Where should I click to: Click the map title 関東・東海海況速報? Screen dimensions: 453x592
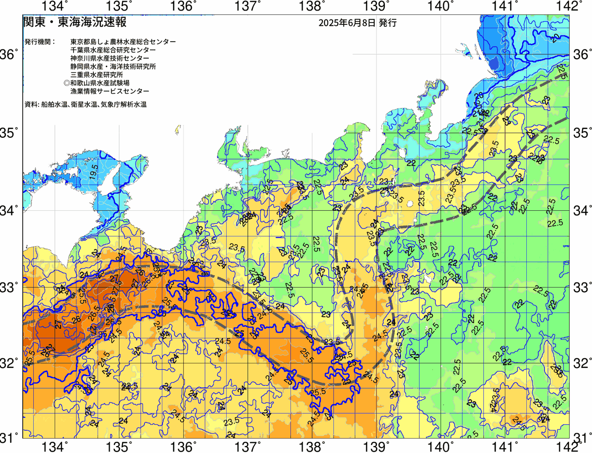pyautogui.click(x=74, y=22)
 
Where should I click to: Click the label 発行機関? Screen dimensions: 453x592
pyautogui.click(x=40, y=42)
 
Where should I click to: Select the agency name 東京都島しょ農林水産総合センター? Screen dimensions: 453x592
pyautogui.click(x=123, y=42)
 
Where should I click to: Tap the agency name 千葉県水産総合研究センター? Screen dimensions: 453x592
pyautogui.click(x=113, y=50)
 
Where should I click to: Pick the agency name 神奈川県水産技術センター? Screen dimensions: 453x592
pyautogui.click(x=110, y=58)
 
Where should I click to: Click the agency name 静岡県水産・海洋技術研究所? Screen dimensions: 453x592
pyautogui.click(x=113, y=67)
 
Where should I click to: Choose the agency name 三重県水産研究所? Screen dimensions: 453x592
pyautogui.click(x=97, y=75)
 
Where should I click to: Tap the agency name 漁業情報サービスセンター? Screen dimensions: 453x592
pyautogui.click(x=110, y=92)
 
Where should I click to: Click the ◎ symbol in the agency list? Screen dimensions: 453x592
pyautogui.click(x=67, y=83)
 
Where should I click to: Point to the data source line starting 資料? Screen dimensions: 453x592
pyautogui.click(x=86, y=104)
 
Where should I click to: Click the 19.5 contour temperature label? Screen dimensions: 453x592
pyautogui.click(x=94, y=171)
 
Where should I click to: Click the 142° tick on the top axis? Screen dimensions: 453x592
pyautogui.click(x=570, y=6)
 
